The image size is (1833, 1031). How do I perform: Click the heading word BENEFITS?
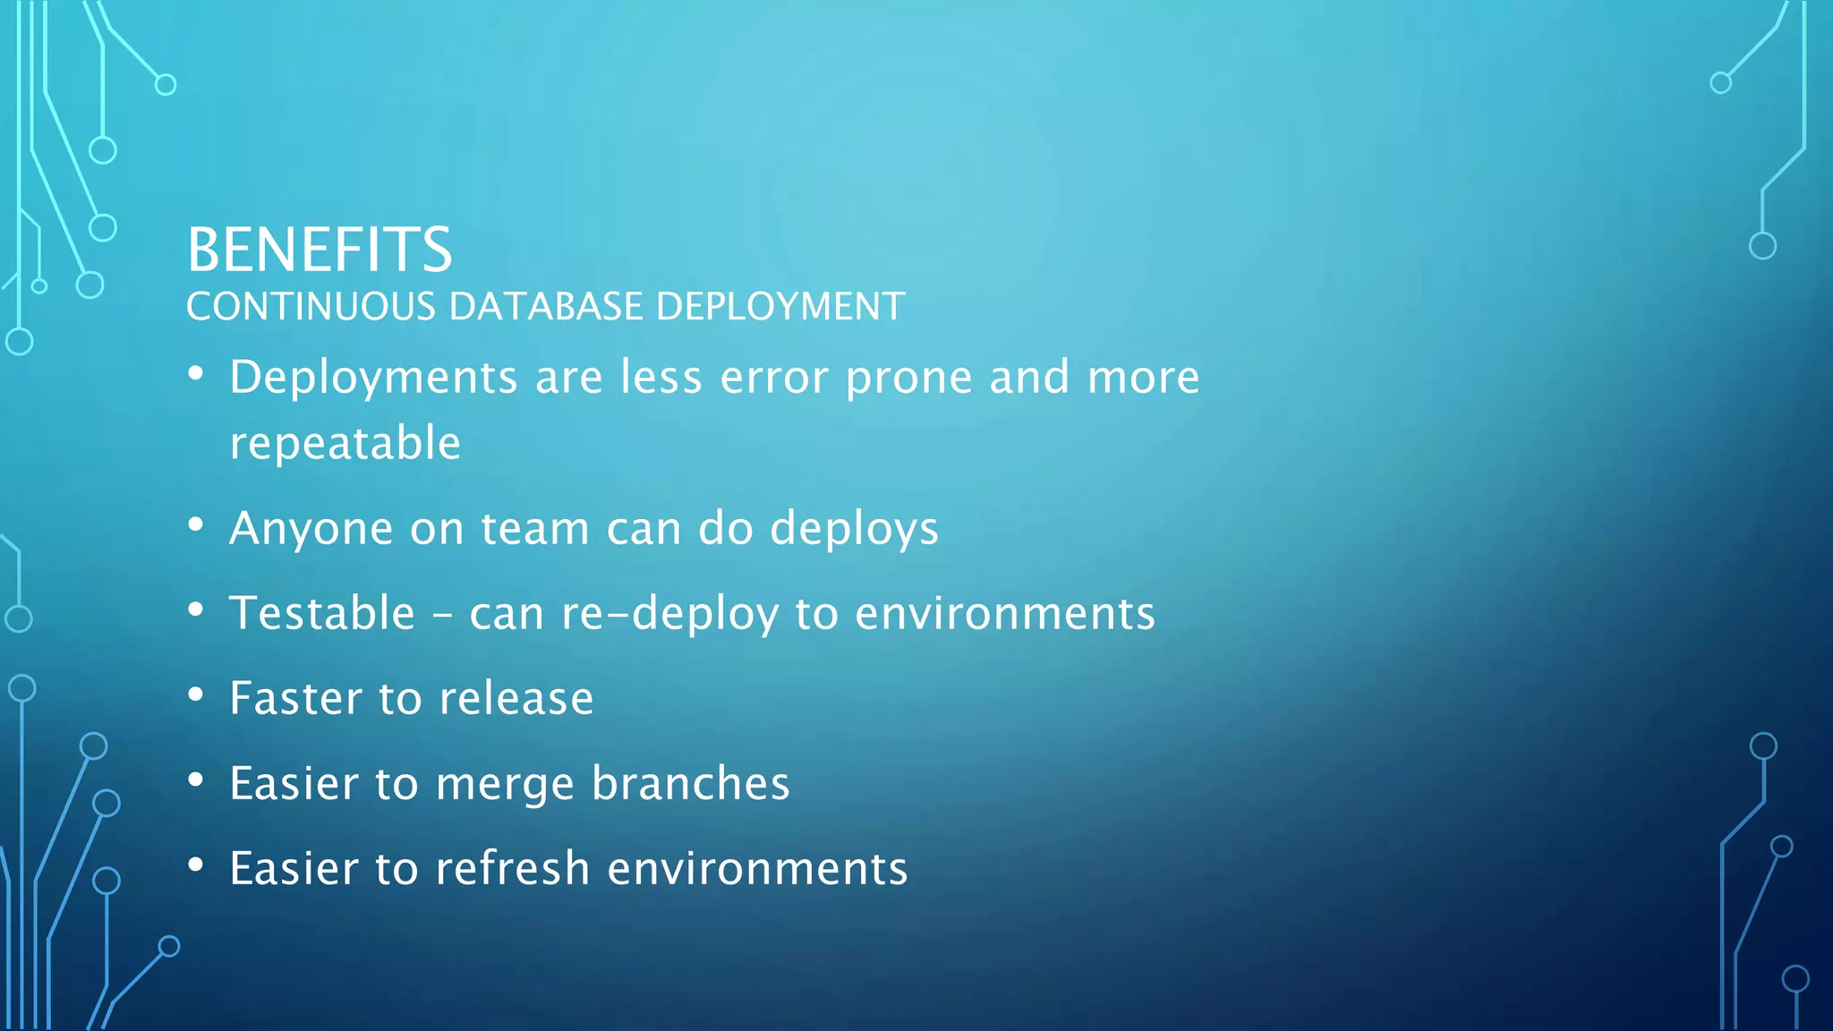[320, 250]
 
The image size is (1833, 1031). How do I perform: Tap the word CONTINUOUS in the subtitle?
[311, 307]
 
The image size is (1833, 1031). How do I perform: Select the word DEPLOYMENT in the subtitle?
[780, 307]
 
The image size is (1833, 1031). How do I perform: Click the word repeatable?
[345, 444]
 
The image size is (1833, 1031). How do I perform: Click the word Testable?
[322, 614]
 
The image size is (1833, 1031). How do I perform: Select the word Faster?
[295, 698]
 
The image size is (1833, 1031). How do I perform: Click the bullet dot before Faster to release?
[196, 694]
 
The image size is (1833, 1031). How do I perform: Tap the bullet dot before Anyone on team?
[196, 524]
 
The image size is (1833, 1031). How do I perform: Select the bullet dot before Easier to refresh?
[196, 865]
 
